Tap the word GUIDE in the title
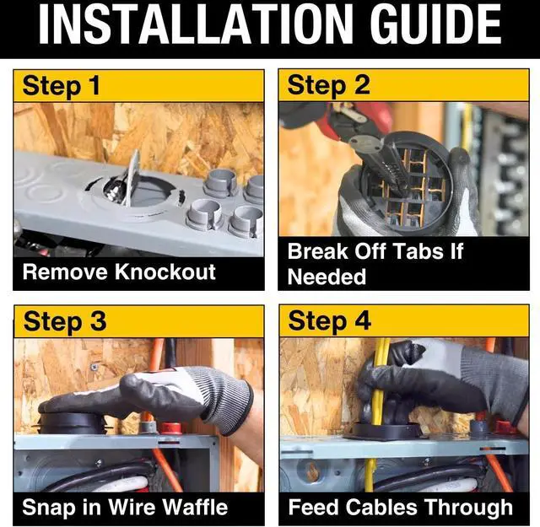[436, 24]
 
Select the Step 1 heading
[61, 86]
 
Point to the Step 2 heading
[328, 86]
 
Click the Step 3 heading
[65, 322]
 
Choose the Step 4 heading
[330, 321]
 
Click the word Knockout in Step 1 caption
[165, 272]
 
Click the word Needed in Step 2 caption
[327, 277]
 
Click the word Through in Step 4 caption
[468, 508]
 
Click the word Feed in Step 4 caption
[314, 507]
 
